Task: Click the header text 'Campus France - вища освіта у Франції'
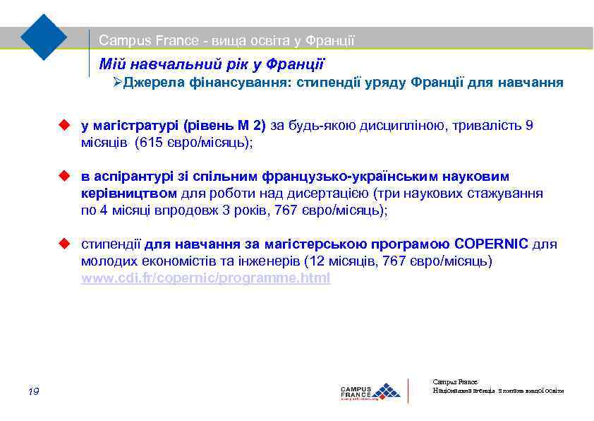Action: pos(226,41)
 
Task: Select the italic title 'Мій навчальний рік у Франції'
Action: pos(211,64)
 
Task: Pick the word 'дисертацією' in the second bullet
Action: pos(336,192)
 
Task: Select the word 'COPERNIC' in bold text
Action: pos(491,244)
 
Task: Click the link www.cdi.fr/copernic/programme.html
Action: pos(205,278)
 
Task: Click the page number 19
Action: pos(33,392)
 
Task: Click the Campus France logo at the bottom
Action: pos(370,391)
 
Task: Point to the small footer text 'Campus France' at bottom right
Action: pos(454,381)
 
